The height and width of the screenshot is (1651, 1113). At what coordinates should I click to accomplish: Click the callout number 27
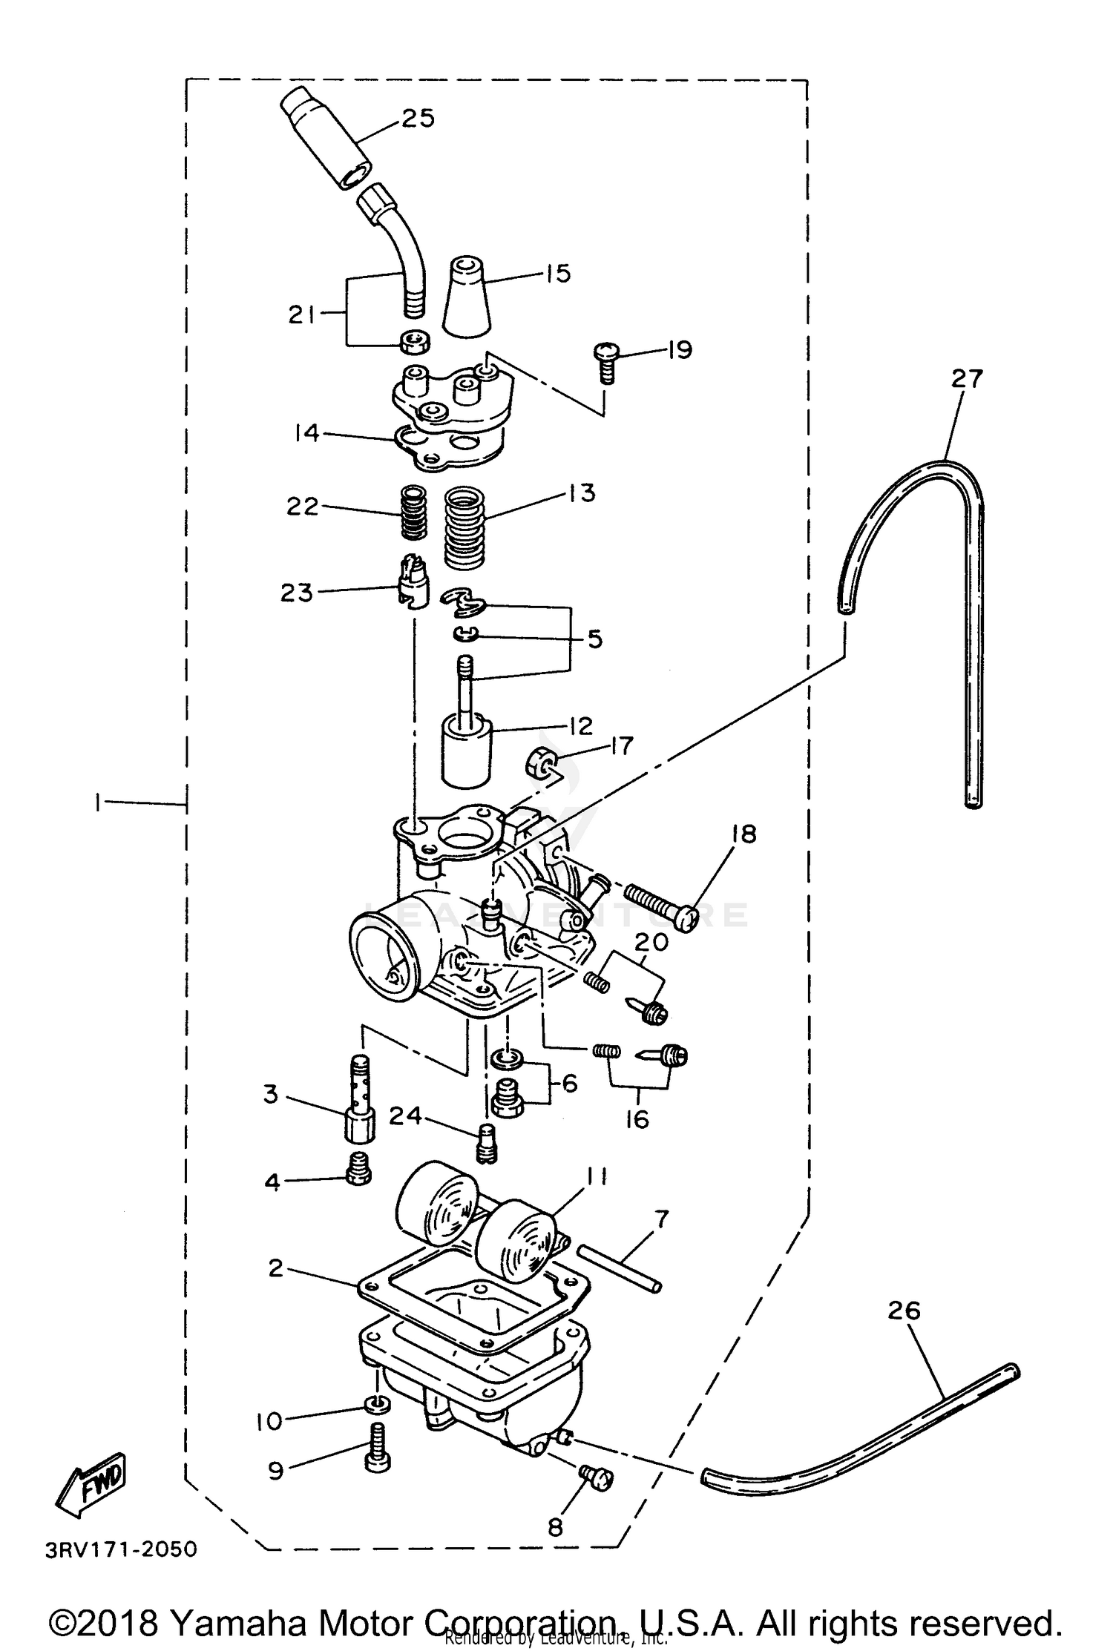(x=967, y=379)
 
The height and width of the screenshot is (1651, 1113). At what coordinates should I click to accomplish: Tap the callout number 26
(x=903, y=1311)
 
